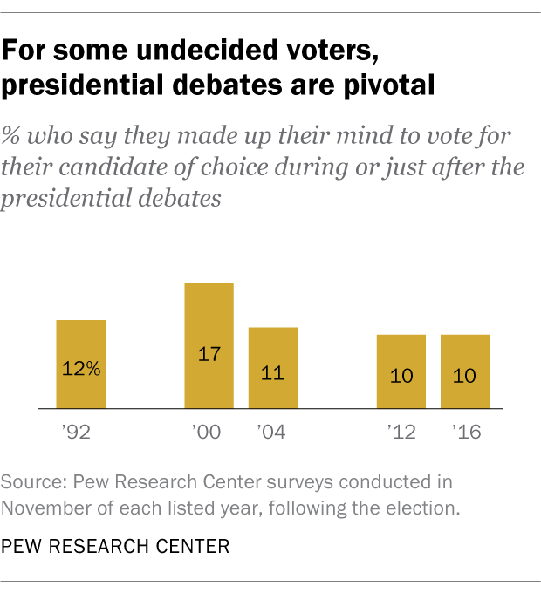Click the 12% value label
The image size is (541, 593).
(x=81, y=369)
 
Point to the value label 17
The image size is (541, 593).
(x=209, y=355)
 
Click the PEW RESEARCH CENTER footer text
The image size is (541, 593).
(x=116, y=547)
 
